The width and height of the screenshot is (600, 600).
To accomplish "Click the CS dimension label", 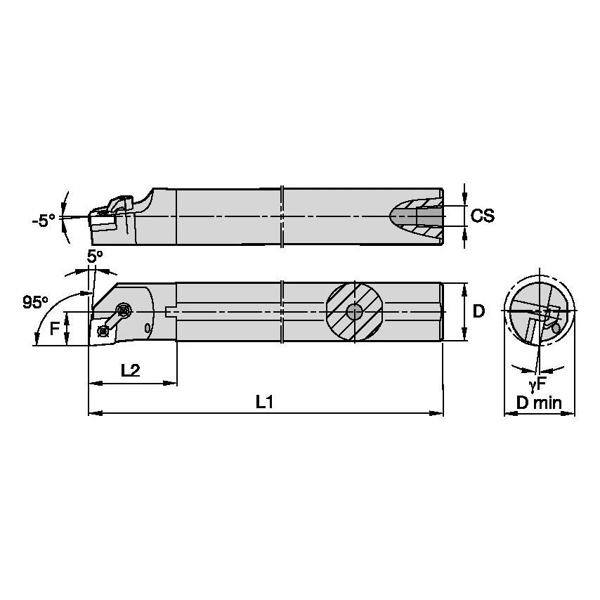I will tap(483, 216).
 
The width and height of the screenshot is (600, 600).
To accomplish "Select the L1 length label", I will tap(265, 402).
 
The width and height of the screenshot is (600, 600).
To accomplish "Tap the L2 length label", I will tap(129, 371).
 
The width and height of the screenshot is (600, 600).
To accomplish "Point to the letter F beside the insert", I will tap(55, 326).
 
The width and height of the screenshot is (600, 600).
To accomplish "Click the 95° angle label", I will tap(35, 302).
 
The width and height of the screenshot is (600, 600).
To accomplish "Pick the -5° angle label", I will tap(43, 221).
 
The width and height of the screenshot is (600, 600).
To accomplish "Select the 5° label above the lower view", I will tap(95, 256).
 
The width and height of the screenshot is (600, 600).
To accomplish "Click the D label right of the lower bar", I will tap(478, 311).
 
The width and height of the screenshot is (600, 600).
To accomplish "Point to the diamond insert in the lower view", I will tap(102, 329).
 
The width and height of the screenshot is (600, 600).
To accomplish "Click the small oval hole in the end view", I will tap(556, 328).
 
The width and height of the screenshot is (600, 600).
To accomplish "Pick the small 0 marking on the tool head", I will tap(147, 327).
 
